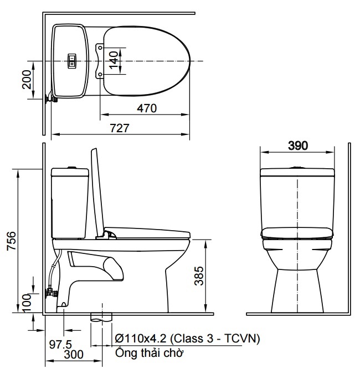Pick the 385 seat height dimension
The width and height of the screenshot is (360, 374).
[x=203, y=276]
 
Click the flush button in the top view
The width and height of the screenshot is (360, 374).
[x=71, y=60]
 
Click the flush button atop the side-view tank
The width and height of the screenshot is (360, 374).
[x=70, y=167]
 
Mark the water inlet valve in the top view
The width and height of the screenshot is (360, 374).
[x=51, y=98]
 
